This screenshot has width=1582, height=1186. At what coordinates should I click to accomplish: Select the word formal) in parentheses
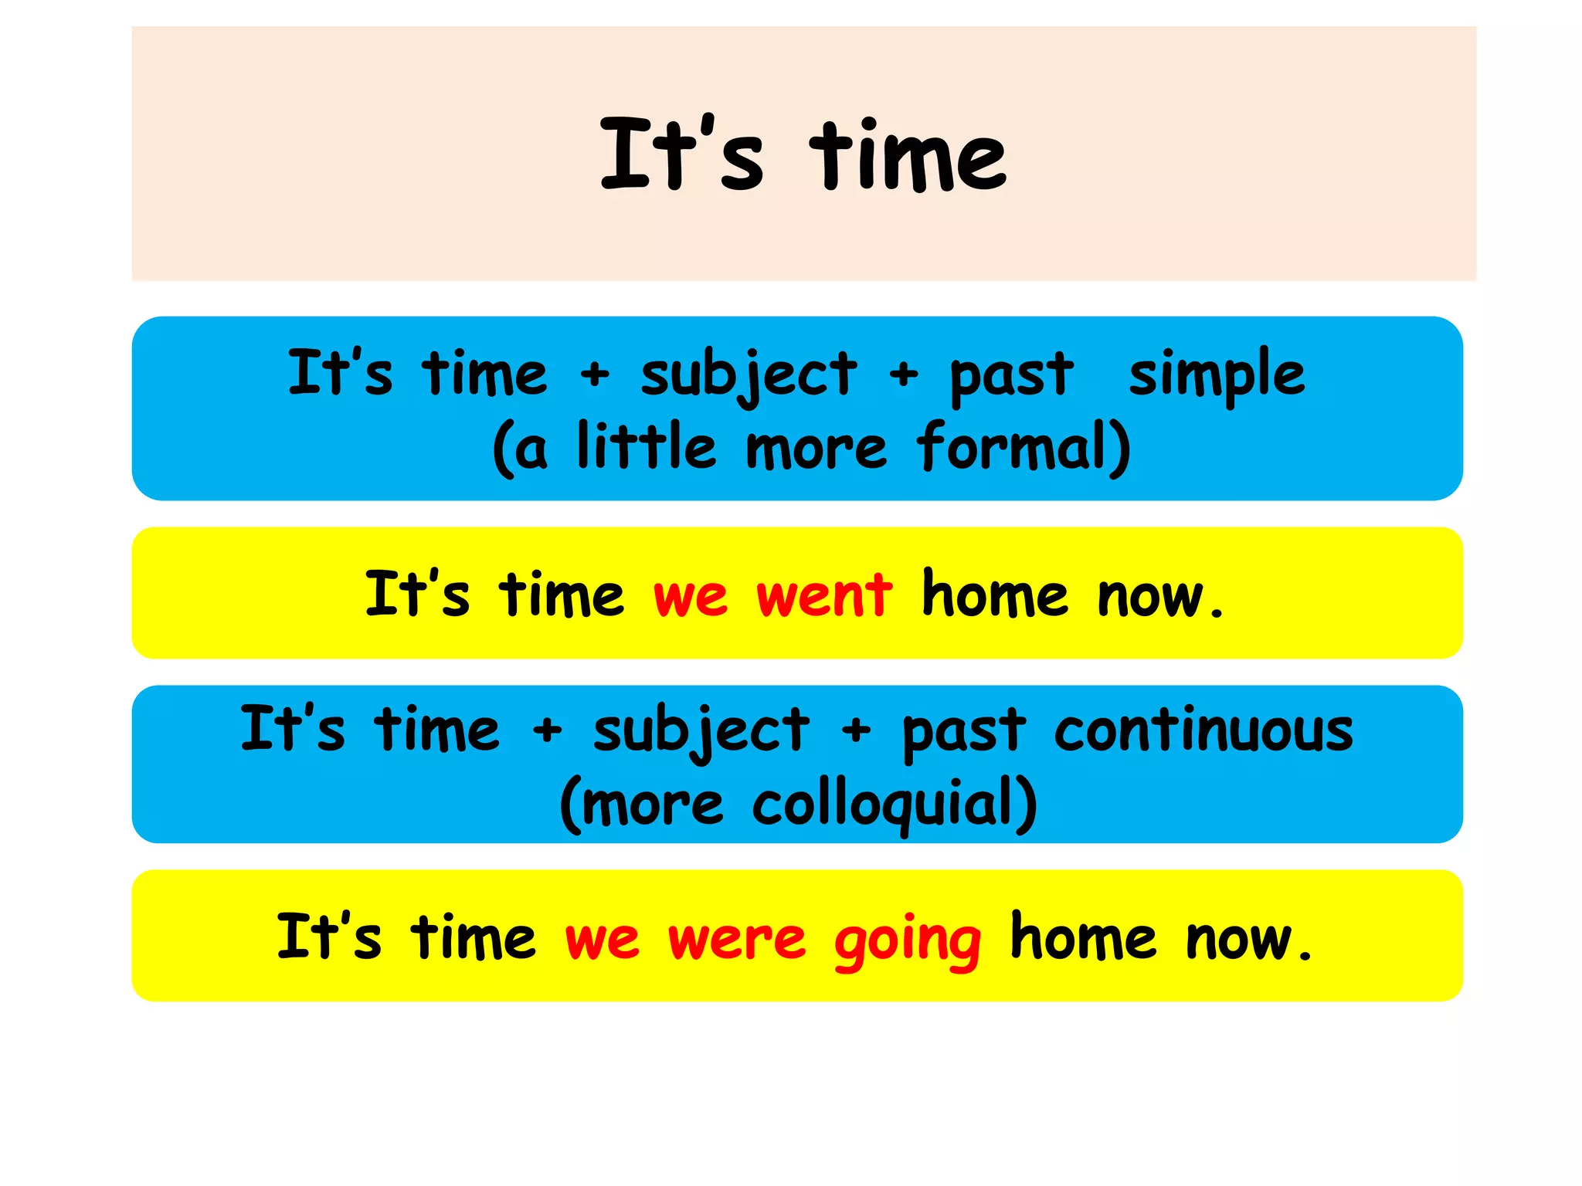click(1024, 448)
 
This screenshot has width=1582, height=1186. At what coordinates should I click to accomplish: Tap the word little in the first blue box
click(647, 448)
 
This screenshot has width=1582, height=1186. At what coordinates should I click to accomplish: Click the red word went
click(824, 596)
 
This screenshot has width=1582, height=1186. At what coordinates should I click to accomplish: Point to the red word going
click(908, 940)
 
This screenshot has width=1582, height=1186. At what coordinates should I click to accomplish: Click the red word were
click(737, 939)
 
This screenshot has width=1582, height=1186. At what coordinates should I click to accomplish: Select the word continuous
click(1203, 730)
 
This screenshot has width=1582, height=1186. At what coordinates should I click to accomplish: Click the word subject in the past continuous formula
click(701, 730)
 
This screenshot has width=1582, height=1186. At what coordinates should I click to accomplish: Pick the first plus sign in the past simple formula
click(595, 375)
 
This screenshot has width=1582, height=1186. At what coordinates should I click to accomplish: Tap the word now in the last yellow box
click(1239, 940)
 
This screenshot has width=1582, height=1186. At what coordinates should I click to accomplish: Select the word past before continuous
click(964, 730)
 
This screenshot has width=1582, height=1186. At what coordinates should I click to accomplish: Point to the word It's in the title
click(681, 154)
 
